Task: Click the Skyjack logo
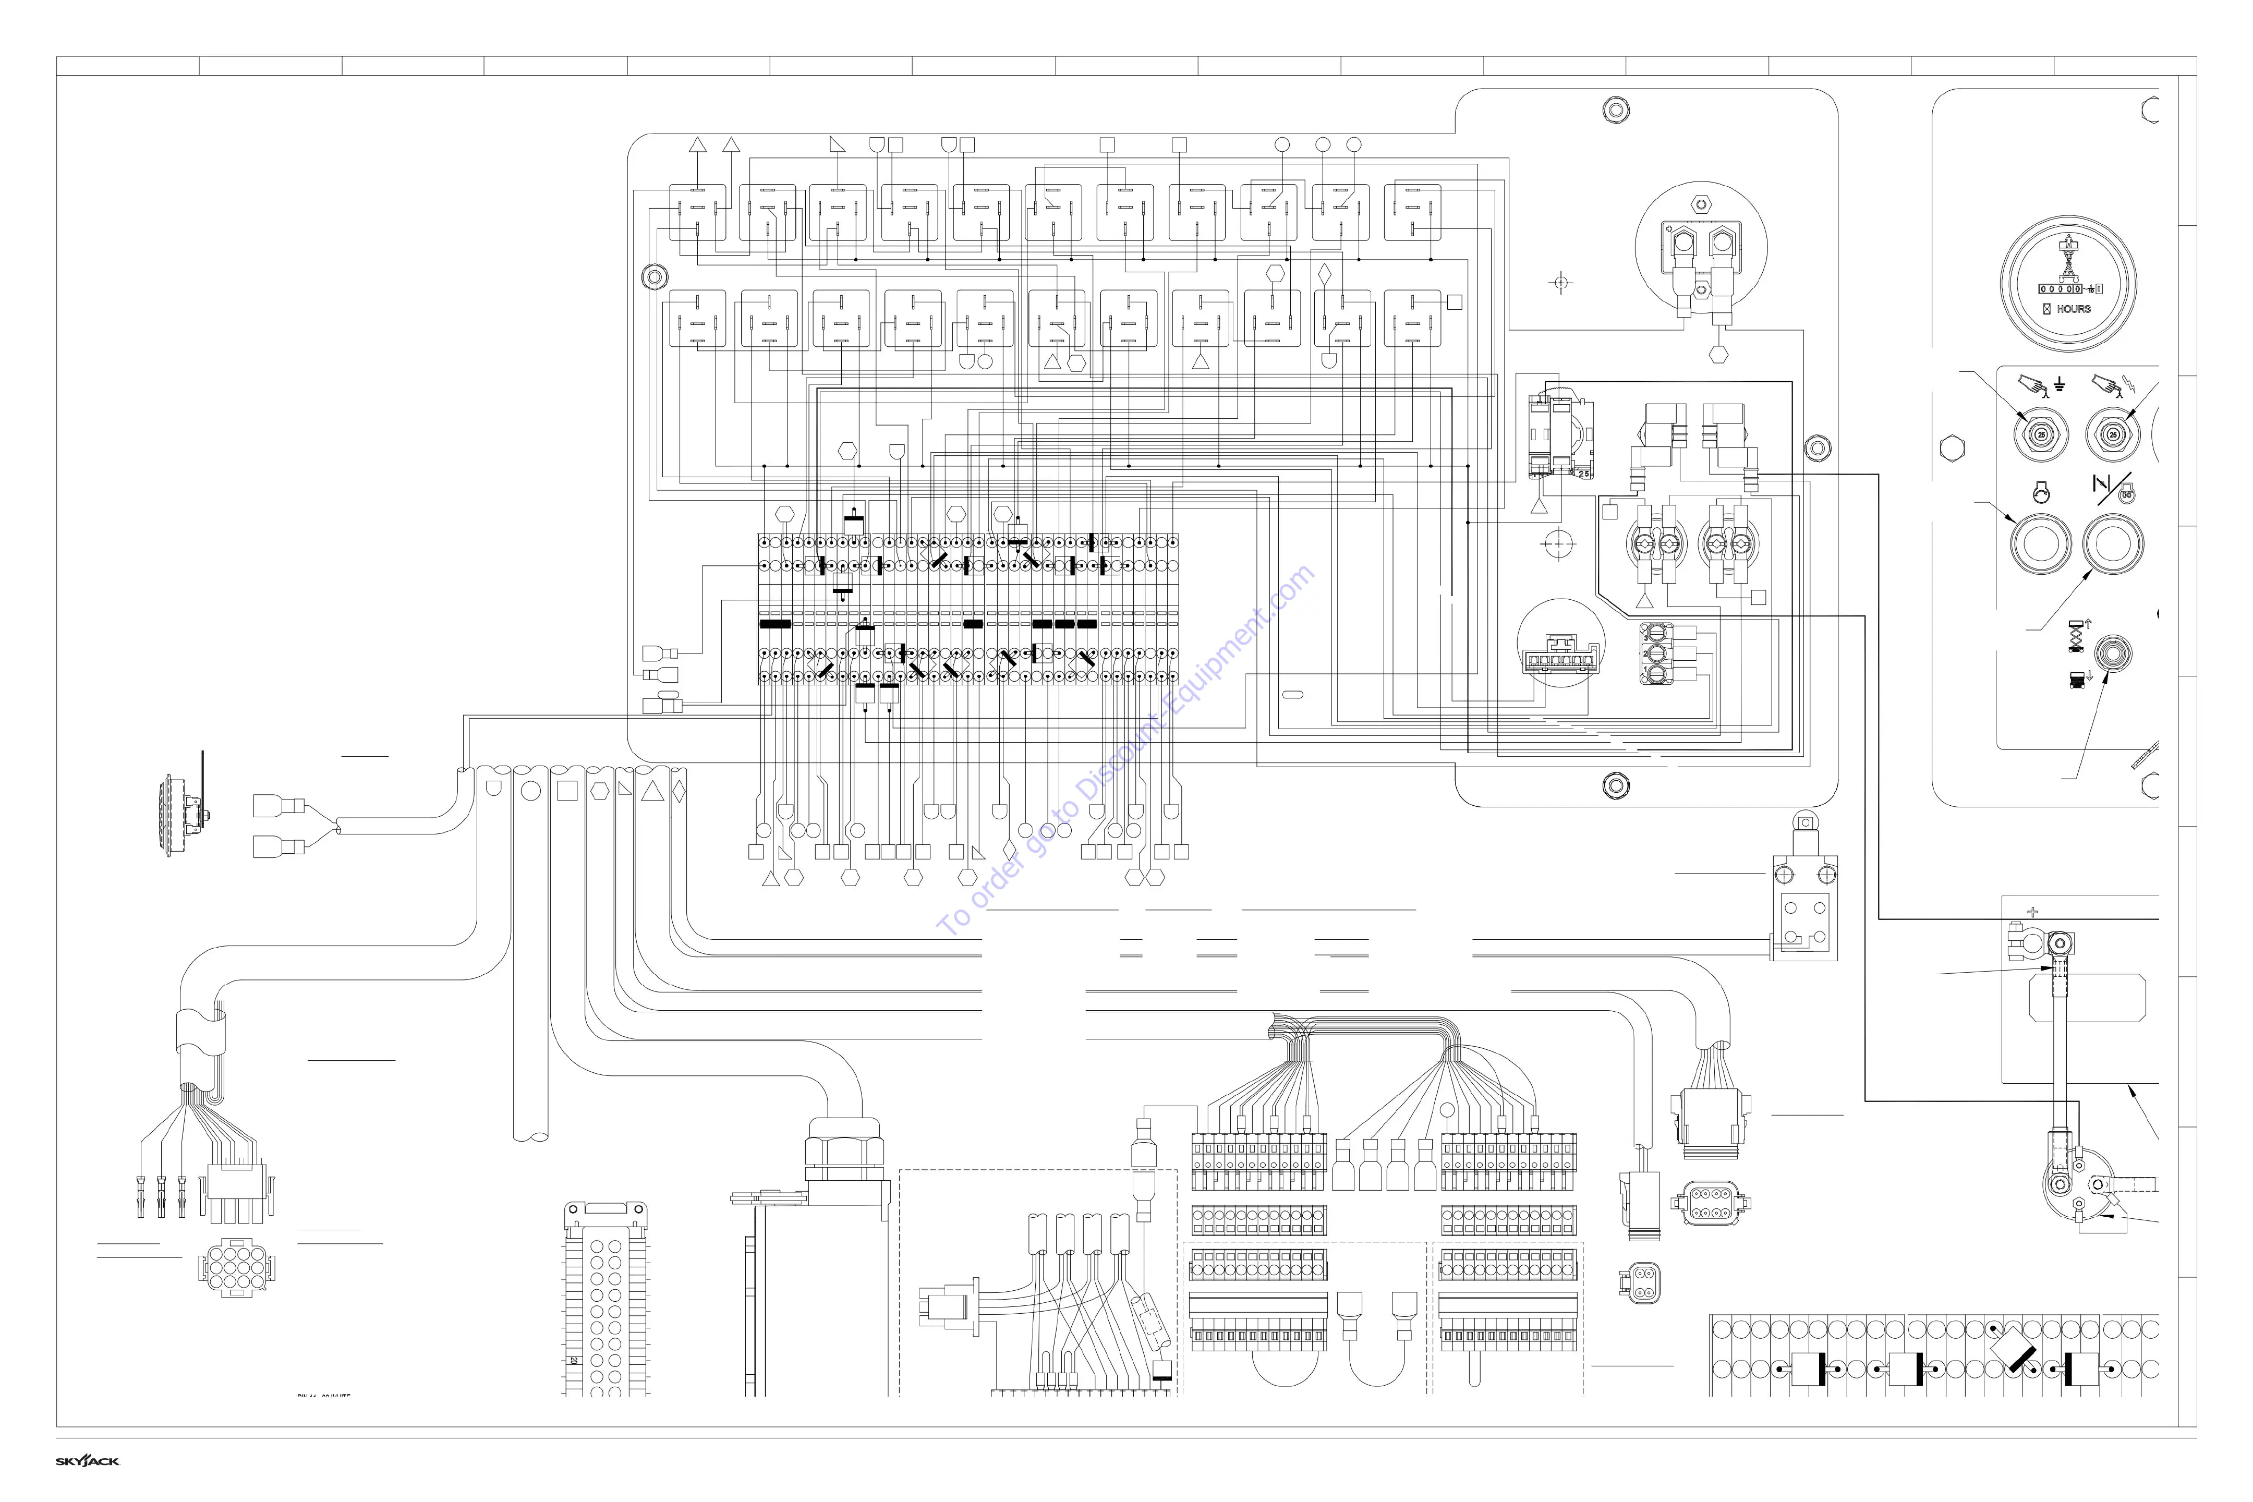tap(87, 1461)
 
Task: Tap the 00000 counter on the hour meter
tap(2060, 288)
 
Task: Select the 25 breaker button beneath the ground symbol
tap(2041, 435)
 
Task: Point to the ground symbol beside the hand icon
tap(2060, 385)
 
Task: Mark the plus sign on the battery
tap(2033, 912)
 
